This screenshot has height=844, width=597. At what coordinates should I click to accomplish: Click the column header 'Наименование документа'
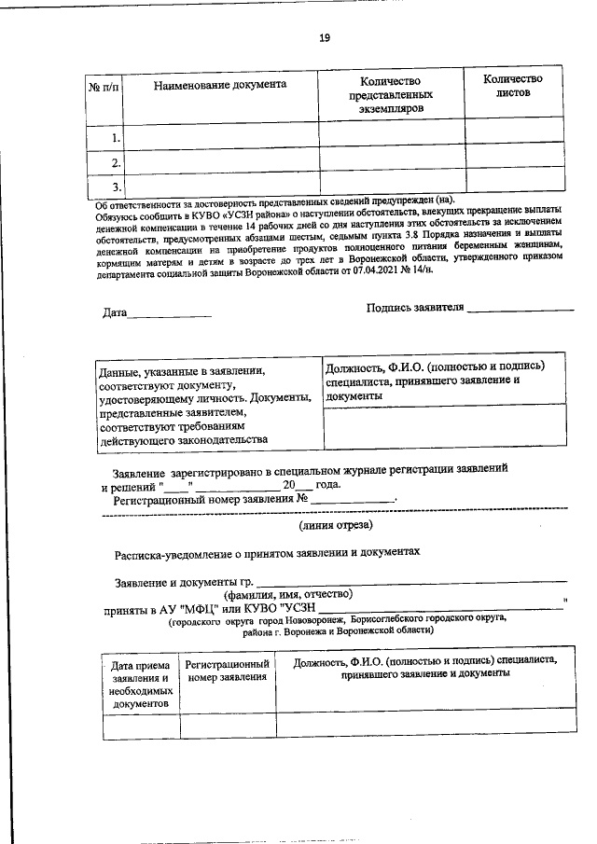click(220, 85)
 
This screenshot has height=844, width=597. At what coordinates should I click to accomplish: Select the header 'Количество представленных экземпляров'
click(391, 95)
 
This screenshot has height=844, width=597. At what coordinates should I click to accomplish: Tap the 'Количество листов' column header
click(512, 86)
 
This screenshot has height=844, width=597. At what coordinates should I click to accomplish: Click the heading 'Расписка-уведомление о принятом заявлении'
click(268, 552)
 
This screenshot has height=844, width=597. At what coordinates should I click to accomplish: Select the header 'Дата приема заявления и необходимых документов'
click(139, 685)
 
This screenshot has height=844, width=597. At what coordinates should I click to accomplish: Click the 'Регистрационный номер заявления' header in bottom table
click(228, 671)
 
